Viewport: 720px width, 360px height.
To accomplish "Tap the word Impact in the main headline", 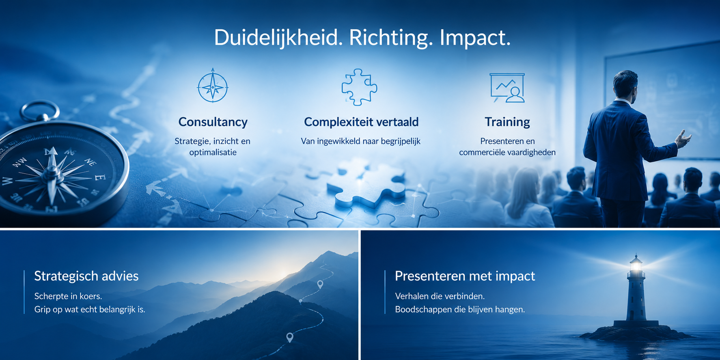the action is [475, 38].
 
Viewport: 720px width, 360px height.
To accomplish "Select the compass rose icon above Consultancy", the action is [213, 86].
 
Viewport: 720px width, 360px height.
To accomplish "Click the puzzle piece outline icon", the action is [359, 87].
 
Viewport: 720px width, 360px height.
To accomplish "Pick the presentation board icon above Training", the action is [507, 88].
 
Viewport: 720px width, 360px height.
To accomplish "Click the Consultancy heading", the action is [213, 122].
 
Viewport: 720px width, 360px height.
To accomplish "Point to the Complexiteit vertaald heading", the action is [361, 122].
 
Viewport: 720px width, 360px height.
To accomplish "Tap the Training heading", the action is [507, 122].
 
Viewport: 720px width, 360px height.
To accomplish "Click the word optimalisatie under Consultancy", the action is [213, 153].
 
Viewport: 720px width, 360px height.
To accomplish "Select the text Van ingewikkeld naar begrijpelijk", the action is [360, 141].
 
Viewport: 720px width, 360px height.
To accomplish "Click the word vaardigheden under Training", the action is [532, 153].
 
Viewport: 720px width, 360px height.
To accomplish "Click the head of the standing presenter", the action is [625, 84].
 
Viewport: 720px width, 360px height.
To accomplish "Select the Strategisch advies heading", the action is [86, 276].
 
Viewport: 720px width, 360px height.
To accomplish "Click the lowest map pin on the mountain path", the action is [289, 337].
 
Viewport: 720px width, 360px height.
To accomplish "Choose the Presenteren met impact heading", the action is [465, 276].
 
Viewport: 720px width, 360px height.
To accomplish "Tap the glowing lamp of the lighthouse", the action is [636, 266].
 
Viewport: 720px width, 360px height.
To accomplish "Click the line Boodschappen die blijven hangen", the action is [460, 309].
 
